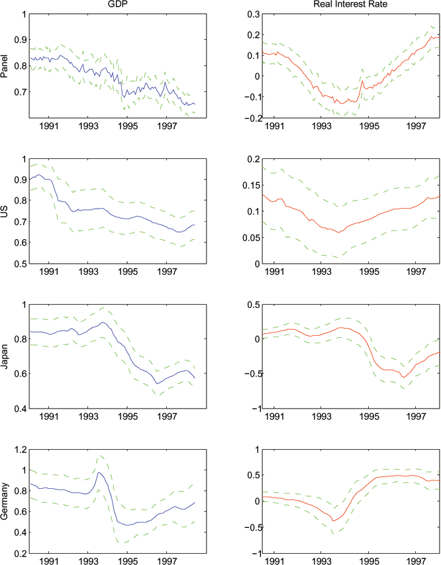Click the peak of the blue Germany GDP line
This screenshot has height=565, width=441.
(x=98, y=472)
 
